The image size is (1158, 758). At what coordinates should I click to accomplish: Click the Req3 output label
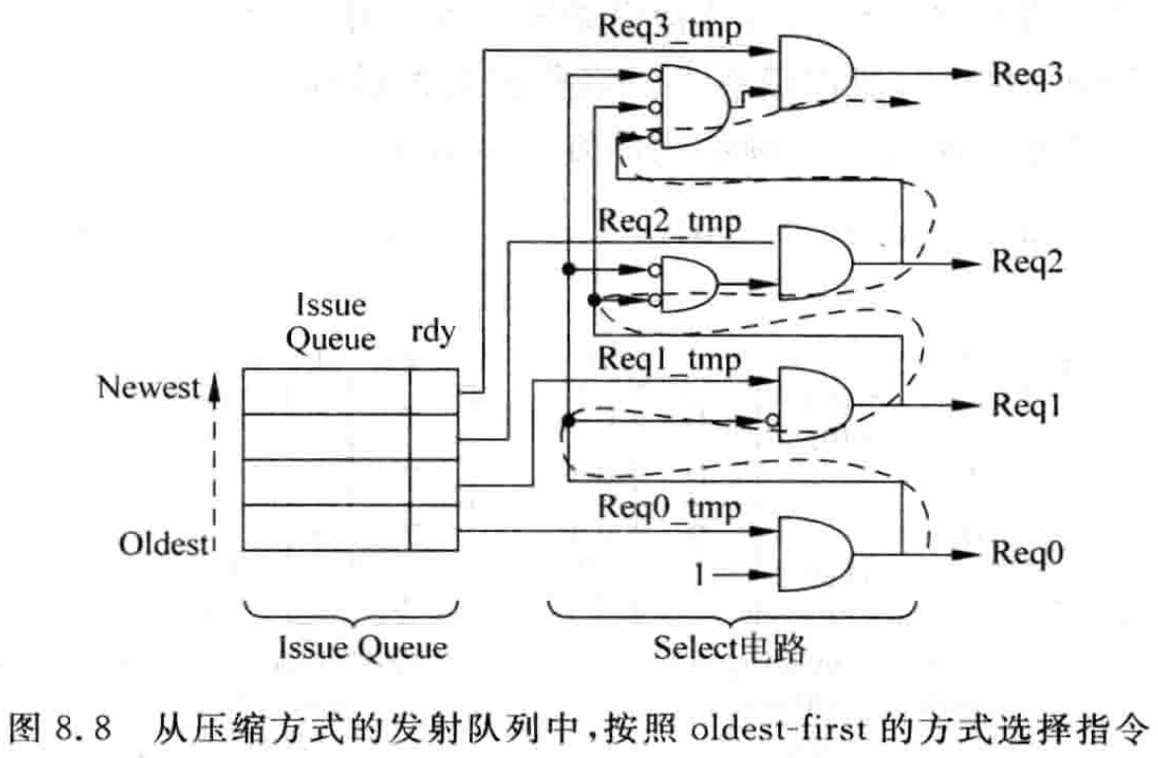1027,73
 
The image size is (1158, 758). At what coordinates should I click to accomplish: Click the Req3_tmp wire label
669,25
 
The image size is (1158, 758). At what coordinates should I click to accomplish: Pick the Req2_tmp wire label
669,222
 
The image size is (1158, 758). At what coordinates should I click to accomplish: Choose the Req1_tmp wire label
669,361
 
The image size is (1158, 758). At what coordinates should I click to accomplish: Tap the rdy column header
431,333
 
